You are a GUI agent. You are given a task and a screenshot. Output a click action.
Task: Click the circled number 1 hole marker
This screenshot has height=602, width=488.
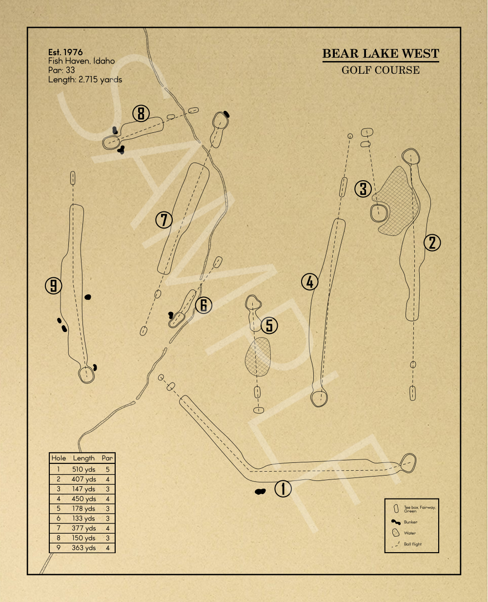(283, 488)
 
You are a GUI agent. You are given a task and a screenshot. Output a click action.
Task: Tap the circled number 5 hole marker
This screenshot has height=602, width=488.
(269, 325)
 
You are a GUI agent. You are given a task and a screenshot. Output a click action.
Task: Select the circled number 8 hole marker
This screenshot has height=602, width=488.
(141, 114)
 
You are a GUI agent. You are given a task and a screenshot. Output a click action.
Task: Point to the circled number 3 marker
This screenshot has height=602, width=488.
(363, 188)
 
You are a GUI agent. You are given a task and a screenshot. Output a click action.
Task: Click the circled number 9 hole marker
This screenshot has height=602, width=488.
(54, 285)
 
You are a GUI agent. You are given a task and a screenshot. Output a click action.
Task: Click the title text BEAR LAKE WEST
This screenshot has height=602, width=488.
(381, 54)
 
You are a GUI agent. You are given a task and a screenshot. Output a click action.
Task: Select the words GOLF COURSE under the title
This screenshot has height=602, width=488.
(381, 70)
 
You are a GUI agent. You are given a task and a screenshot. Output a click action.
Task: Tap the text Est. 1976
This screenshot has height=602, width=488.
(65, 52)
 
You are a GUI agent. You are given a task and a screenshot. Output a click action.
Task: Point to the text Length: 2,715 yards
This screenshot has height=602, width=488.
(85, 80)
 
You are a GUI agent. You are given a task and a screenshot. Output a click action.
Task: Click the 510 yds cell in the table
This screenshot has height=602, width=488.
(83, 470)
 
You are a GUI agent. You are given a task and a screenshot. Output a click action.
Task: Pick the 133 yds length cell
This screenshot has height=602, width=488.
(83, 519)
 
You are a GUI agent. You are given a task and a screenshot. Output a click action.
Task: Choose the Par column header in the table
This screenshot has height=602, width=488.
(107, 458)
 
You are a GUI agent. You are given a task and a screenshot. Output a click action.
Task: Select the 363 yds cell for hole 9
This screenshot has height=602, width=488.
(83, 548)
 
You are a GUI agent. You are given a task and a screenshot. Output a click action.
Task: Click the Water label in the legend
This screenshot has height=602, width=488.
(410, 533)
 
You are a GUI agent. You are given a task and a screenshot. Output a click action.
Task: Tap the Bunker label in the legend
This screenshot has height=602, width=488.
(410, 522)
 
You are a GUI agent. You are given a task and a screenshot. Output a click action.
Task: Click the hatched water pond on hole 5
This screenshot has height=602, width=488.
(258, 357)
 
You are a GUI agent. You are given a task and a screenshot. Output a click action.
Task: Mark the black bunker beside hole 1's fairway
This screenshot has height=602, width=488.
(260, 491)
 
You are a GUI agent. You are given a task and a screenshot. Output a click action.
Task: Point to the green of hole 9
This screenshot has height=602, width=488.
(86, 374)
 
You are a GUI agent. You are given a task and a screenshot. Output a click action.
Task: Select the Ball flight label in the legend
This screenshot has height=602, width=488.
(413, 544)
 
